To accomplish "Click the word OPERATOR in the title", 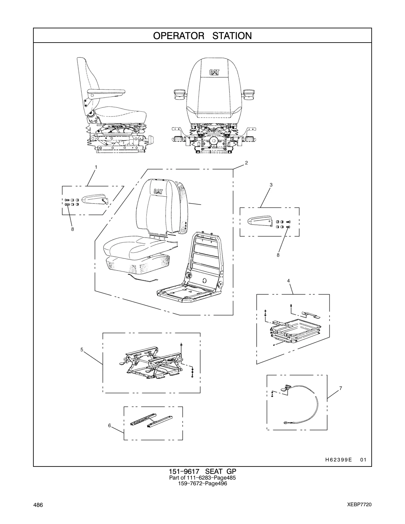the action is (179, 36).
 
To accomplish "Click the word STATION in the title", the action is (232, 36).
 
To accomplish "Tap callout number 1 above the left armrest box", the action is (96, 167).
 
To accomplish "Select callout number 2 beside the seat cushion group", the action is (246, 163).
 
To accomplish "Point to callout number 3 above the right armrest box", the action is (271, 185).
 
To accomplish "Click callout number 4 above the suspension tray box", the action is (288, 281).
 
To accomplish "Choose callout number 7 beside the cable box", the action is (341, 388).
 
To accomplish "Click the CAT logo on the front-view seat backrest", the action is (214, 73).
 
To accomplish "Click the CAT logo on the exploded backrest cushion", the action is (158, 191).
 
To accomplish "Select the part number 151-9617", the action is (184, 471).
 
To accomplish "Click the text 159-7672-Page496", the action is (203, 483).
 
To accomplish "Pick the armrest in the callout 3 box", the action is (260, 221).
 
